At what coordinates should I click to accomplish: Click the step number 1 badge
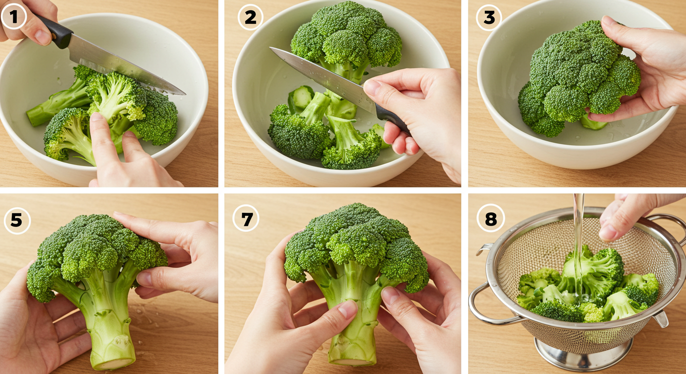coord(14,17)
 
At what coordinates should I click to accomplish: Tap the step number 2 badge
coord(250,17)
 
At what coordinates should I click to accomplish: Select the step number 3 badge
coord(489,18)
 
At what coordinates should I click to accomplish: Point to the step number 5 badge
coord(17,221)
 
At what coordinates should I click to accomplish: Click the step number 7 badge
coord(246,218)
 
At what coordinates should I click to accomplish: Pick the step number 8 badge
coord(491,218)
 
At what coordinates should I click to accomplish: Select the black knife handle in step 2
coord(394,120)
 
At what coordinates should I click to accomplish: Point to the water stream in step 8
coord(578,245)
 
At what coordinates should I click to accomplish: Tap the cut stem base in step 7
coord(352,361)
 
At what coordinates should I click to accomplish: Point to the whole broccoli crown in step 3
coord(577,78)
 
